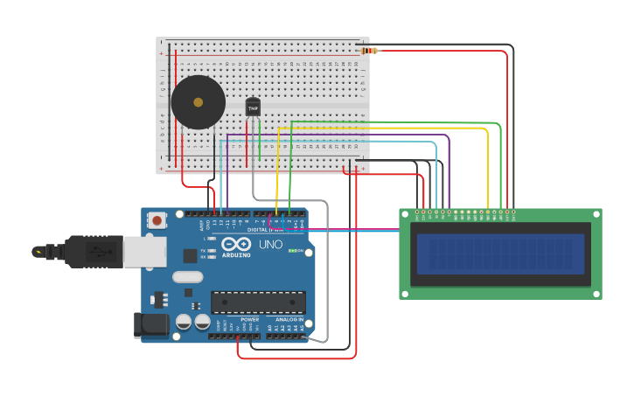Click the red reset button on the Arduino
pos(157,220)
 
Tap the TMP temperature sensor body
pos(253,108)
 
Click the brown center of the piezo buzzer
pos(198,102)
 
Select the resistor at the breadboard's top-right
pos(368,51)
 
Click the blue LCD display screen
pos(500,254)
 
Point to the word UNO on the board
pos(271,245)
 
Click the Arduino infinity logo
pos(242,245)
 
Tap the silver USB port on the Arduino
pos(144,252)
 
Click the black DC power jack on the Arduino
pos(151,324)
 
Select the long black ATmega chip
pos(258,302)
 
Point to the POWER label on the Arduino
pos(250,320)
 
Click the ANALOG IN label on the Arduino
pos(289,320)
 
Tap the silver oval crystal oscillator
pos(188,277)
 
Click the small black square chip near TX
pos(190,255)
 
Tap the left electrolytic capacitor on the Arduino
pos(184,322)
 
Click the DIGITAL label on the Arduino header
pos(259,230)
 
